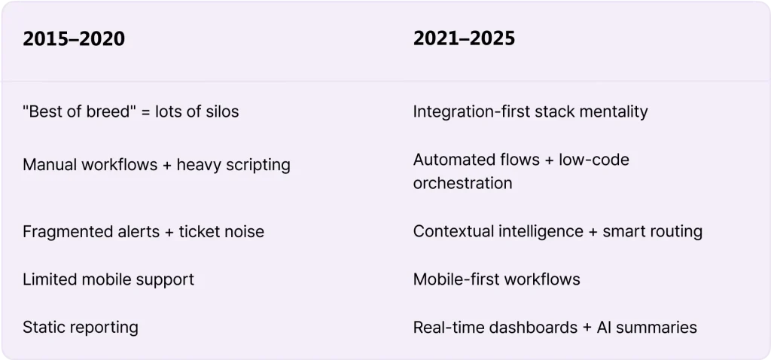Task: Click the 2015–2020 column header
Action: coord(74,39)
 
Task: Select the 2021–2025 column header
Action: coord(464,38)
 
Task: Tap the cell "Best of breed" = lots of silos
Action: coord(131,111)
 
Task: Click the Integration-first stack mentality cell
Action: coord(531,112)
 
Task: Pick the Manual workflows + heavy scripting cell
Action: coord(157,165)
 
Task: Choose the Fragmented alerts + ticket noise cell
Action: coord(144,232)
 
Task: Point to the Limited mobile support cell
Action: coord(108,280)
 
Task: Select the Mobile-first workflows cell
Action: coord(497,279)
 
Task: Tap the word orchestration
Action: coord(463,184)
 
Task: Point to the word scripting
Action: coord(258,166)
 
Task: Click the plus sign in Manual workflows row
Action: coord(167,165)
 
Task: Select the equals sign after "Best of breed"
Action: coord(145,112)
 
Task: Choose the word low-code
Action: coord(594,160)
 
